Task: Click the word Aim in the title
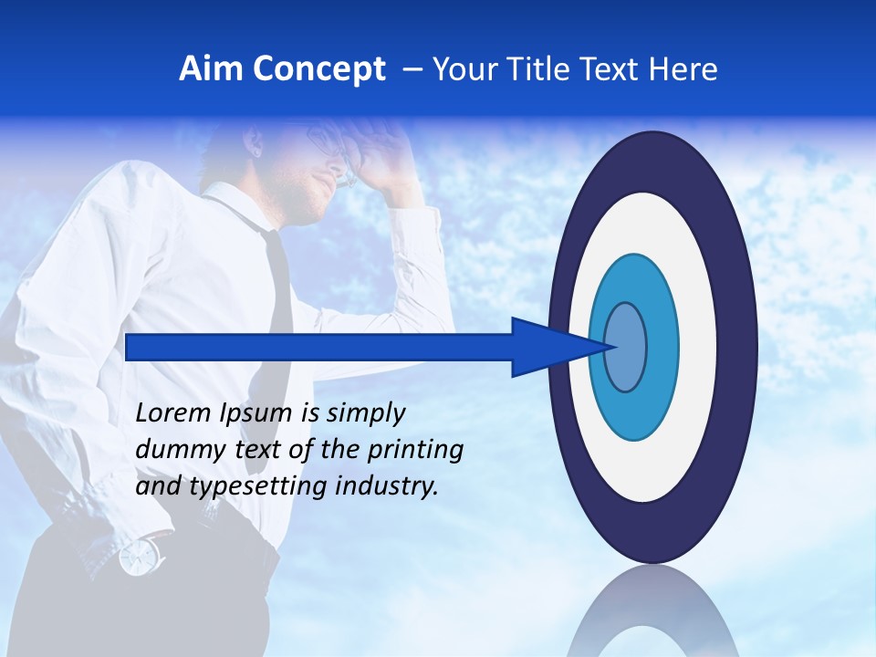click(211, 69)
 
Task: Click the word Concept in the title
click(318, 69)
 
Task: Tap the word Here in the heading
click(684, 69)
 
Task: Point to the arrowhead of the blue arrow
click(557, 347)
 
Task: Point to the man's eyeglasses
click(328, 146)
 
